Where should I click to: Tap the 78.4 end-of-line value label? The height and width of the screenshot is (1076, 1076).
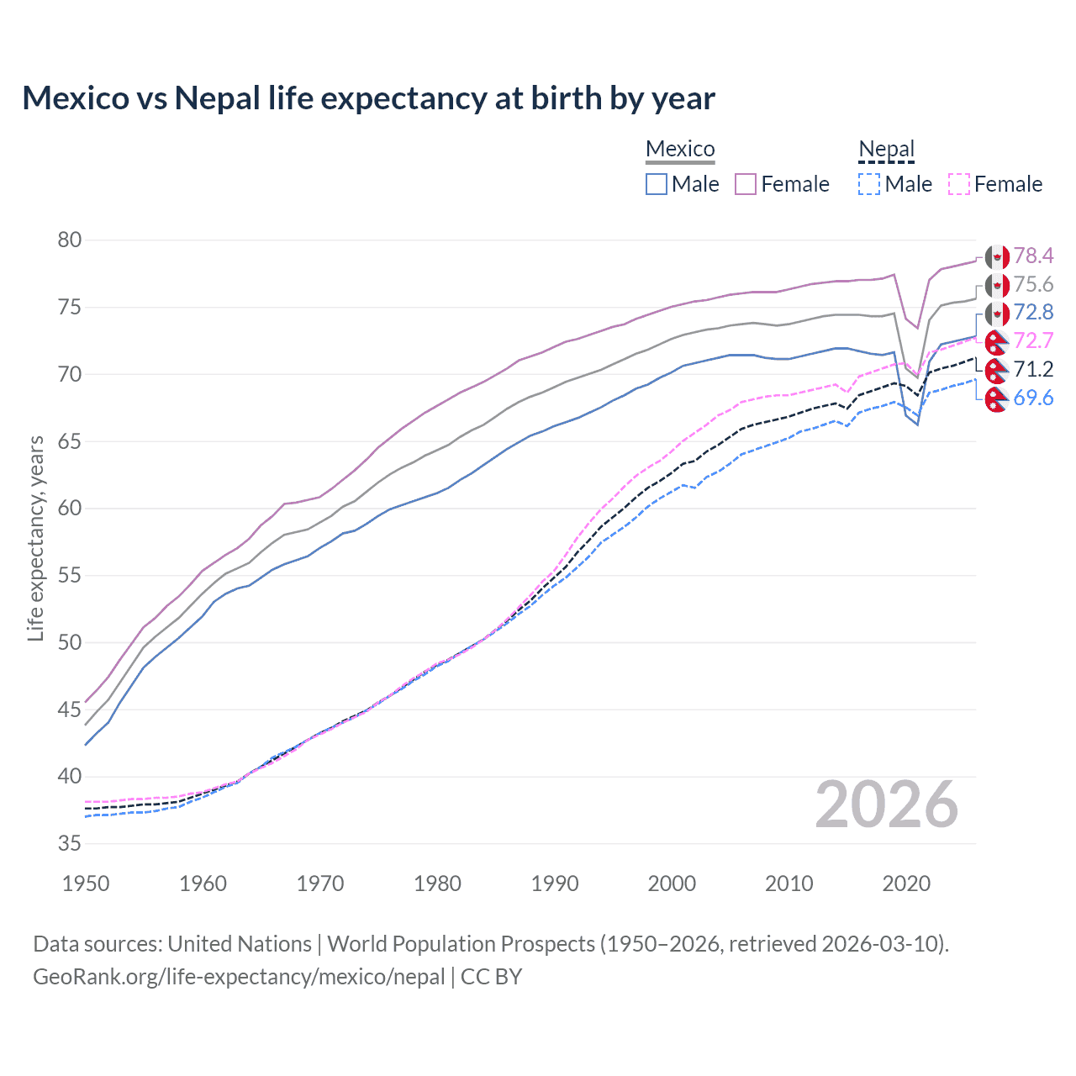tap(1033, 256)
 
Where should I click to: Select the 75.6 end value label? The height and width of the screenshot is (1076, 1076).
tap(1033, 284)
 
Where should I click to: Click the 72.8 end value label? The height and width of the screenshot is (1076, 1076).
tap(1033, 312)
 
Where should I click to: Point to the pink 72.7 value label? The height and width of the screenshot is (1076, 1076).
tap(1033, 340)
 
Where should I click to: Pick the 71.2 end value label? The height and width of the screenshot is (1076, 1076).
tap(1033, 369)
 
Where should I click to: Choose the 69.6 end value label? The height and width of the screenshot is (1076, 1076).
tap(1033, 398)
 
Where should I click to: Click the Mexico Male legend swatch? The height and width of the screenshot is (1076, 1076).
tap(657, 184)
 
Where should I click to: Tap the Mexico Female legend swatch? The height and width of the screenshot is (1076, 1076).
tap(746, 184)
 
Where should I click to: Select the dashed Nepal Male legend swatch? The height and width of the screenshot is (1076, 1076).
tap(869, 184)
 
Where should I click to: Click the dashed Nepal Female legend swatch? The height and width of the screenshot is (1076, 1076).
tap(958, 184)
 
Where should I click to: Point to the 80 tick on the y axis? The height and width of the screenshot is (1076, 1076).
tap(70, 240)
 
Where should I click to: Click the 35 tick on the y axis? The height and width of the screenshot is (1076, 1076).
tap(70, 843)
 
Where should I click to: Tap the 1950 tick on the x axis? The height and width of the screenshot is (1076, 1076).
tap(86, 883)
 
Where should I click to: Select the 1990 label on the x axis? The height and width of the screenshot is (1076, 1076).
tap(555, 883)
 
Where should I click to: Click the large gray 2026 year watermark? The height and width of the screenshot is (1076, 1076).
tap(887, 805)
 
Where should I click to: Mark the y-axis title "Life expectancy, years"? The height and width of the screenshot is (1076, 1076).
tap(36, 538)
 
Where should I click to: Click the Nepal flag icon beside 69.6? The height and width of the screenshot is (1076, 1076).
tap(996, 398)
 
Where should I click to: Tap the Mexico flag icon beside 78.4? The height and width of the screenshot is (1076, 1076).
tap(996, 256)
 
